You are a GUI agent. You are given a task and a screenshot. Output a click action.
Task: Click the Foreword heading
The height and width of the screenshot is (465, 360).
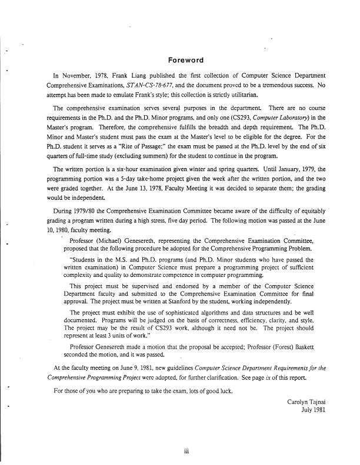pyautogui.click(x=186, y=61)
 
